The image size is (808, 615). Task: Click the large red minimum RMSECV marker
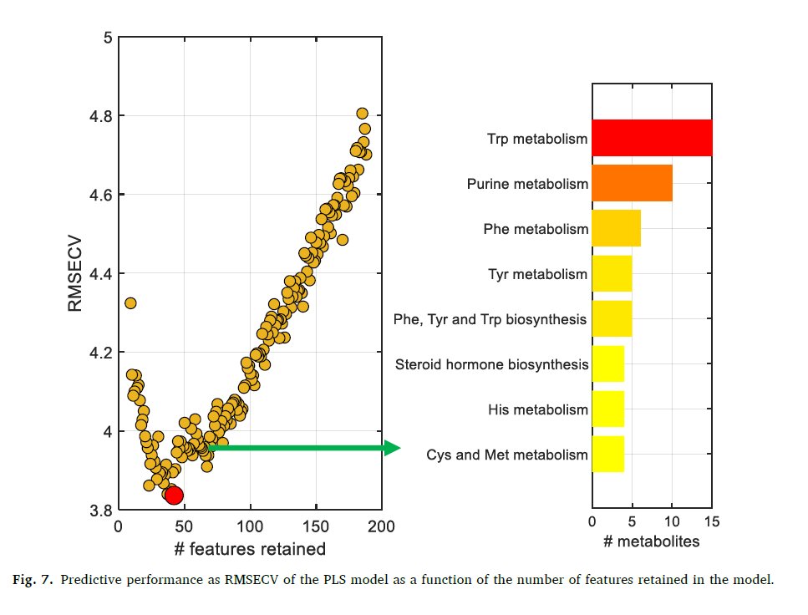pyautogui.click(x=174, y=496)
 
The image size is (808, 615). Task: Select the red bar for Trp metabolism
pyautogui.click(x=652, y=138)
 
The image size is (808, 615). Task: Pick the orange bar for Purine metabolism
pyautogui.click(x=632, y=183)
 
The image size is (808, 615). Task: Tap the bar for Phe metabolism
pyautogui.click(x=616, y=228)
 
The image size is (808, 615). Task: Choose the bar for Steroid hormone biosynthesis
pyautogui.click(x=607, y=364)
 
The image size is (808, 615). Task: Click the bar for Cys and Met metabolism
pyautogui.click(x=607, y=455)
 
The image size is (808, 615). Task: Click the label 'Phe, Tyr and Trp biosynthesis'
pyautogui.click(x=490, y=319)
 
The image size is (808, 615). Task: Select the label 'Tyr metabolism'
pyautogui.click(x=537, y=274)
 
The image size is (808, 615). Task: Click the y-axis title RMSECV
pyautogui.click(x=76, y=273)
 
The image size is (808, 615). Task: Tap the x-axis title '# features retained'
pyautogui.click(x=249, y=549)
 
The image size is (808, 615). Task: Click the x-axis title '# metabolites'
pyautogui.click(x=651, y=542)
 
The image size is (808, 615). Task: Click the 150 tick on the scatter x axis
pyautogui.click(x=316, y=527)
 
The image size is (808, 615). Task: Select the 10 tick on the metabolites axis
pyautogui.click(x=672, y=521)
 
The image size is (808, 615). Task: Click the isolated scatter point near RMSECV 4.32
pyautogui.click(x=130, y=302)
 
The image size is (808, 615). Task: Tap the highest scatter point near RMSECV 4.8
pyautogui.click(x=362, y=114)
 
